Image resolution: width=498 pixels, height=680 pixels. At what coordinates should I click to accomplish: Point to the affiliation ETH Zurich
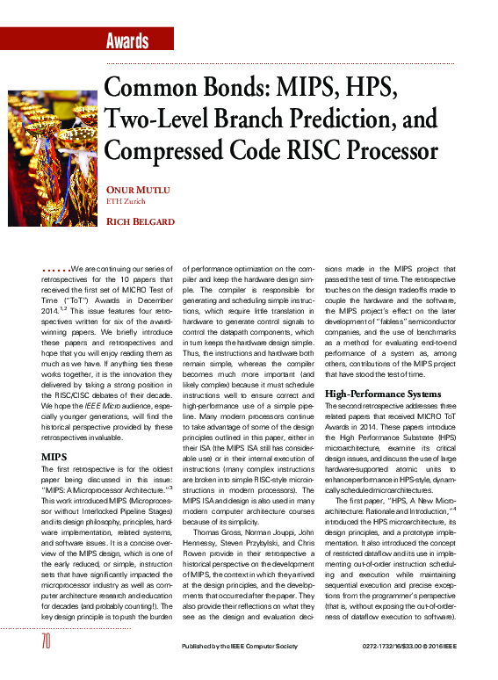(126, 201)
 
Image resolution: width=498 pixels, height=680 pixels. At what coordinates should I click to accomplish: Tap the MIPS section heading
(54, 457)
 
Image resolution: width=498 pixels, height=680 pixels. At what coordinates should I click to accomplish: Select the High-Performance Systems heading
(382, 394)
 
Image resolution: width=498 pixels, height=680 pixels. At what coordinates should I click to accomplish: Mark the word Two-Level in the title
(154, 119)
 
